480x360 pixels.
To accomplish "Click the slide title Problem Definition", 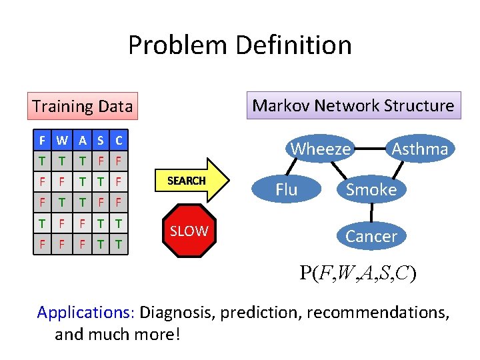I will point(239,45).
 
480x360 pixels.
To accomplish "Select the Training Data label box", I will point(82,106).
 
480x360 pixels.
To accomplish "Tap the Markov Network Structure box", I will point(353,105).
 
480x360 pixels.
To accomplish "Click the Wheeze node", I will point(321,149).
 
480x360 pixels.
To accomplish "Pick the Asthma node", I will point(419,149).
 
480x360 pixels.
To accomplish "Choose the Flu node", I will point(286,189).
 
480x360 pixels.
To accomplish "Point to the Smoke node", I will point(371,189).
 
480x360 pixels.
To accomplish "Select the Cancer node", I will point(371,235).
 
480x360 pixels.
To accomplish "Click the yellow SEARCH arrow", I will point(193,181).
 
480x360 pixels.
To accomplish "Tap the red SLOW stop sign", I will point(189,231).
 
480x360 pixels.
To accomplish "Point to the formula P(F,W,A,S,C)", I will point(358,273).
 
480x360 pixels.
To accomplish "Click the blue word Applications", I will point(87,312).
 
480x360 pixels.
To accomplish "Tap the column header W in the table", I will point(62,141).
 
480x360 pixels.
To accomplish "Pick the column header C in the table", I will point(119,141).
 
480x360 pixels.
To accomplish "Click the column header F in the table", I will point(42,141).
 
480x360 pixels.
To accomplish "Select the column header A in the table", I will point(82,141).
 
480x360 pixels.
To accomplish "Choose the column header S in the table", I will point(101,141).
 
